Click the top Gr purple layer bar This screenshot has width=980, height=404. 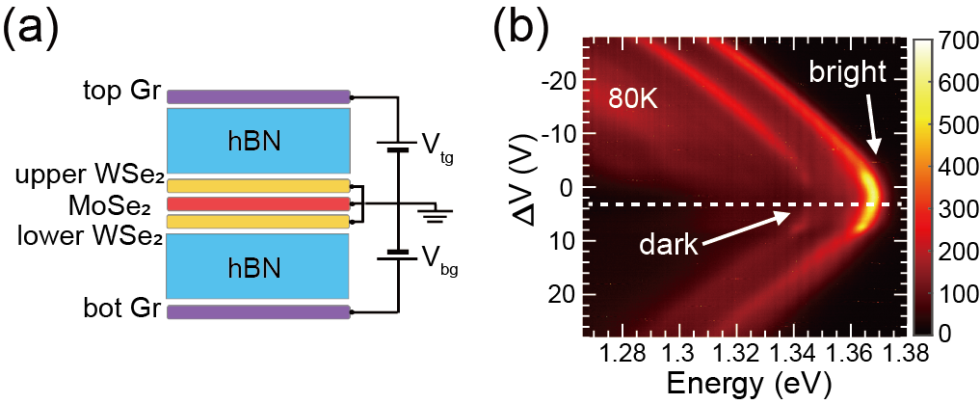[258, 96]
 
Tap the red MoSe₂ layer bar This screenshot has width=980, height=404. [258, 204]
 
